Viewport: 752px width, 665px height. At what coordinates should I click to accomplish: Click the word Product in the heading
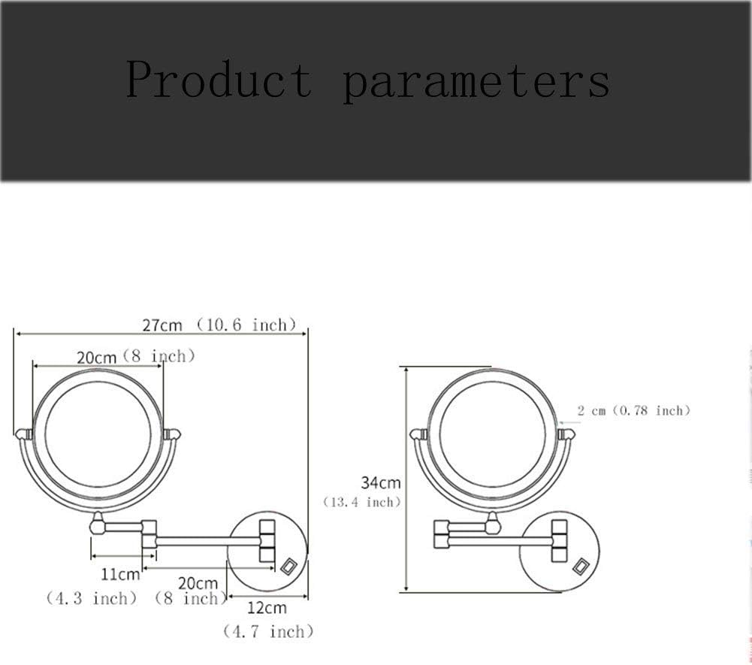(x=219, y=79)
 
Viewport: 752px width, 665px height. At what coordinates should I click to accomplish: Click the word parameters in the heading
(x=477, y=83)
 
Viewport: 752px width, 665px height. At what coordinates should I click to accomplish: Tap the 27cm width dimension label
(x=162, y=325)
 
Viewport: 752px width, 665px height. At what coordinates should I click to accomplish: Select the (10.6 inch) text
(x=246, y=325)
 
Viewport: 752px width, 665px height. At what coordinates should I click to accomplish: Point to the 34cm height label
(x=381, y=482)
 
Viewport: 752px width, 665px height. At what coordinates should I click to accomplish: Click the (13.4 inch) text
(x=361, y=502)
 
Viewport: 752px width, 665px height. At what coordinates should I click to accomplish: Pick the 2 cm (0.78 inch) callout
(x=633, y=410)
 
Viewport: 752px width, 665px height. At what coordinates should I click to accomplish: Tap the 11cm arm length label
(x=120, y=574)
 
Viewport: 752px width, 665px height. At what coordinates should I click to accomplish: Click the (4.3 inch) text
(x=91, y=598)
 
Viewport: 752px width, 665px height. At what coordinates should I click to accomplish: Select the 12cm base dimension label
(x=267, y=608)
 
